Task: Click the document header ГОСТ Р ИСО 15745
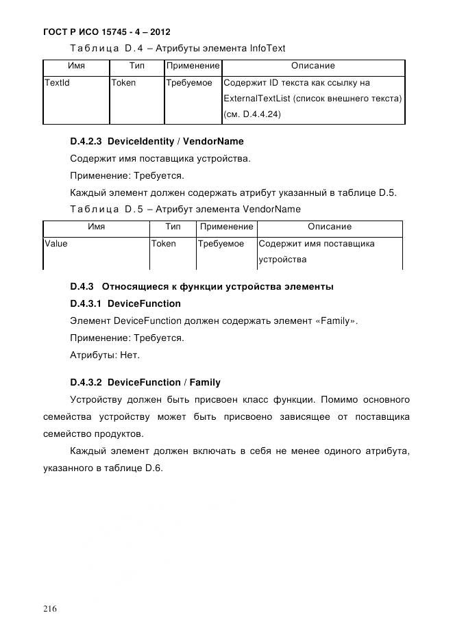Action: (107, 32)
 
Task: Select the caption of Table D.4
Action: (177, 48)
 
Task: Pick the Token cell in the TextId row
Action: (124, 83)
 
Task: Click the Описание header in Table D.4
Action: (313, 66)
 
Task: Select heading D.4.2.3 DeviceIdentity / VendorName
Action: (156, 142)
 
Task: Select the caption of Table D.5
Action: (185, 209)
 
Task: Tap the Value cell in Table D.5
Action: (56, 244)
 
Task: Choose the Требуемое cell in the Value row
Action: (221, 244)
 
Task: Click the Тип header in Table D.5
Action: (173, 227)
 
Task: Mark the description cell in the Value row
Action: (316, 252)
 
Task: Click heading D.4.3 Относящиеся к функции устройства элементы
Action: (201, 286)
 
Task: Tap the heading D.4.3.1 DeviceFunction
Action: (125, 303)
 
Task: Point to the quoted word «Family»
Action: (336, 320)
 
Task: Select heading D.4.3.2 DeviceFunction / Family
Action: (145, 382)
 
